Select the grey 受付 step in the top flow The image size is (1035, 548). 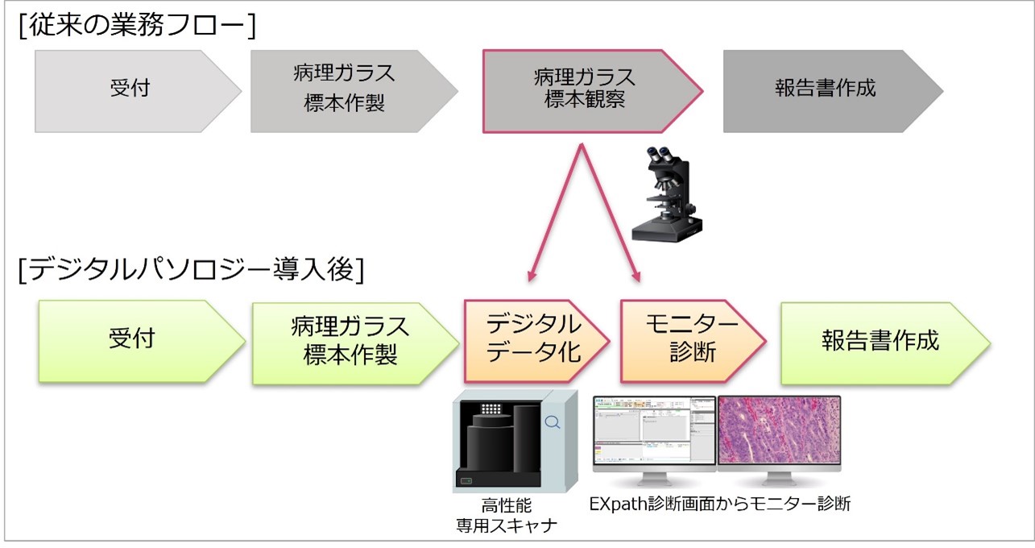click(129, 88)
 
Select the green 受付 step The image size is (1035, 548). click(131, 339)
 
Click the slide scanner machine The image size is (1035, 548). click(514, 441)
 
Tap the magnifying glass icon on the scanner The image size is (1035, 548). click(553, 421)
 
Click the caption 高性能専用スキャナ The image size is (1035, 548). click(506, 517)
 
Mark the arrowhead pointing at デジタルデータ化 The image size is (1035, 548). click(532, 276)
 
